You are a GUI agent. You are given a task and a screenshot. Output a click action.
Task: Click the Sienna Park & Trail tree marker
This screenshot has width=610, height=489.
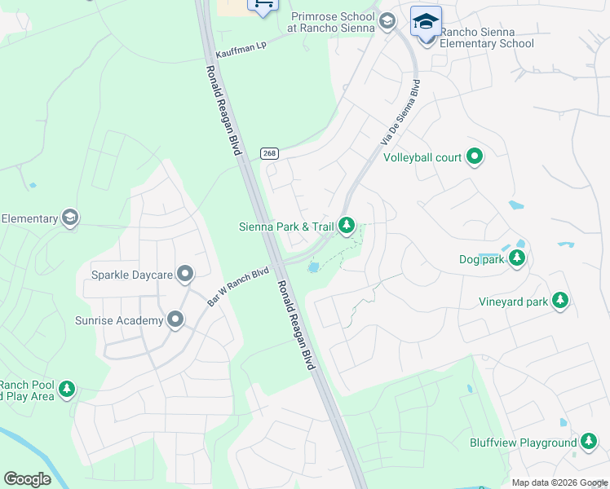[x=347, y=225]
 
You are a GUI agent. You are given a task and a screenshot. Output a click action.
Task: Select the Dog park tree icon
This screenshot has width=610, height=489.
[x=516, y=259]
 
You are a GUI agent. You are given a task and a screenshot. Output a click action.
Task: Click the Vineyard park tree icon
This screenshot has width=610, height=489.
[x=559, y=302]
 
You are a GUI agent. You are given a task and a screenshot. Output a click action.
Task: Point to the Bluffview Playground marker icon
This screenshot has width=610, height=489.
[x=589, y=443]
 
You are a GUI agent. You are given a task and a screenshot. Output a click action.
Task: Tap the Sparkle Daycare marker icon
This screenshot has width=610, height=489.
[x=185, y=275]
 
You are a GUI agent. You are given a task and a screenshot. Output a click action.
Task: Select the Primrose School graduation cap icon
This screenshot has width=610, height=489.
[x=387, y=20]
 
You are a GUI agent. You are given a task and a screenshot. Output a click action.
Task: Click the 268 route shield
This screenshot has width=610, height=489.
[x=268, y=154]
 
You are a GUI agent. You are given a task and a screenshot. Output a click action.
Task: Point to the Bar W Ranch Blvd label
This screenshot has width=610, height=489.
[x=238, y=287]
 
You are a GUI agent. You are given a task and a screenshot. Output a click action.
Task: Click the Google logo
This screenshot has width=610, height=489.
[x=27, y=479]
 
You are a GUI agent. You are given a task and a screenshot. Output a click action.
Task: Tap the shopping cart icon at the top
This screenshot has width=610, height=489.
[x=263, y=5]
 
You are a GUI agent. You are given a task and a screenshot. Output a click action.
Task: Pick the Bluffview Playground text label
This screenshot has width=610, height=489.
[x=523, y=443]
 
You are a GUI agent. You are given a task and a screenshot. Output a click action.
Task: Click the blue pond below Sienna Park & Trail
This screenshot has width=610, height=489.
[x=312, y=267]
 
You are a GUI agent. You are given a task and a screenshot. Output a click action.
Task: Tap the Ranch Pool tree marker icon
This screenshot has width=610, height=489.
[x=67, y=390]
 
